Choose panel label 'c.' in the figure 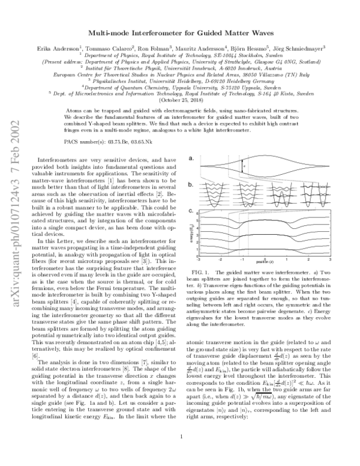pyautogui.click(x=191, y=211)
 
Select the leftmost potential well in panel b pyautogui.click(x=210, y=195)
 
